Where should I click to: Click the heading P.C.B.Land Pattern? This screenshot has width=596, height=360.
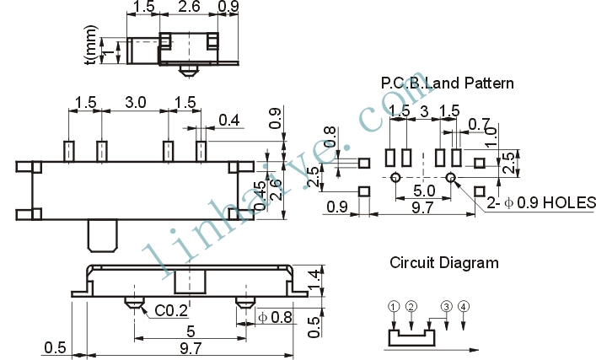point(447,83)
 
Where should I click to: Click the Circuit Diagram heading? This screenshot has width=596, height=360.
point(444,263)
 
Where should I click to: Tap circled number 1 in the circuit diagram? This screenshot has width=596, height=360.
point(395,306)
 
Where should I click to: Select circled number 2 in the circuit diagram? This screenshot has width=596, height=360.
point(411,306)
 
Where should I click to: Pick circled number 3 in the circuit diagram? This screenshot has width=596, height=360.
point(446,306)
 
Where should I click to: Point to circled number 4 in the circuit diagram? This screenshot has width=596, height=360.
point(464,306)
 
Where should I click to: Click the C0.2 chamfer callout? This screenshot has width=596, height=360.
point(171,311)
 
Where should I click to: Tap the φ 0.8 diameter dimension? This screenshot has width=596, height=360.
point(275,317)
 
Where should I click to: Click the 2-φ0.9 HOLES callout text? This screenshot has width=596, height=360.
point(541,202)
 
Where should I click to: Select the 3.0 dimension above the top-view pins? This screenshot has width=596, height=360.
point(136,102)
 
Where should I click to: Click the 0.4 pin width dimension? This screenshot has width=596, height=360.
point(229,120)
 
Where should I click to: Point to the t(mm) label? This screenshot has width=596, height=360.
point(92,45)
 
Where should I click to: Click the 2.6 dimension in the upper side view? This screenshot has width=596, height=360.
point(189,7)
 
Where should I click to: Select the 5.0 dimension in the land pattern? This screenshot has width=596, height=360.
point(424,190)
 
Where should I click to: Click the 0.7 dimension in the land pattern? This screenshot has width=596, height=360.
point(479,124)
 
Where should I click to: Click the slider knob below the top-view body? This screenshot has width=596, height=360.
point(103,236)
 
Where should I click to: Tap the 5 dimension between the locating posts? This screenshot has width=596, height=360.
point(191,331)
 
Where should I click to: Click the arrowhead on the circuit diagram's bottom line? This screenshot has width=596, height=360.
point(474,350)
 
